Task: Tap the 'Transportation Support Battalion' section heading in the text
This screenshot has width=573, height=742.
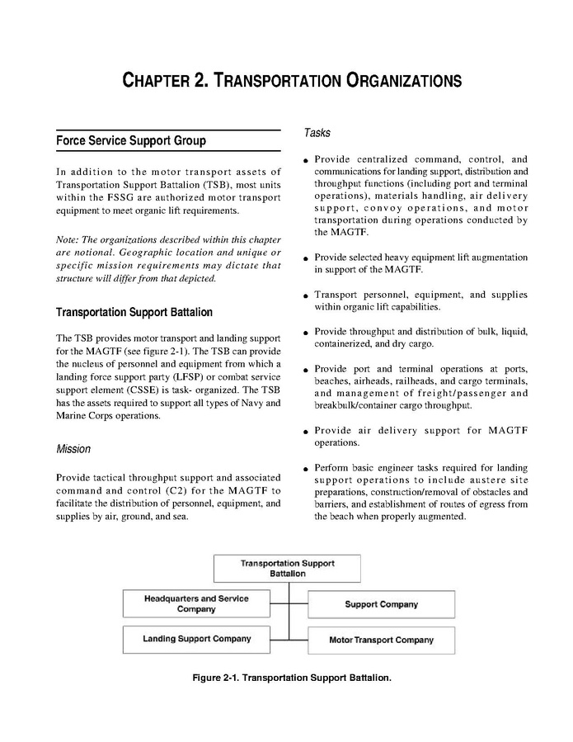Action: coord(134,312)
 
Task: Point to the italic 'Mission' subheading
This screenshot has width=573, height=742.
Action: coord(73,449)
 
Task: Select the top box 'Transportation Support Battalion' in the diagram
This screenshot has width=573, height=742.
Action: coord(287,568)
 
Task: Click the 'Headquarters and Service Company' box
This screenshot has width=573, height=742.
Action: coord(196,603)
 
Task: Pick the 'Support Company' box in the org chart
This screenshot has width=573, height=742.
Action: coord(381,604)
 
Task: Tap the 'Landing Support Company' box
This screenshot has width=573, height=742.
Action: coord(196,639)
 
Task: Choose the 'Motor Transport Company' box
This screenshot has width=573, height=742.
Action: coord(381,640)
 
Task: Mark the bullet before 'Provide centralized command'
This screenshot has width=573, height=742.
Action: coord(306,161)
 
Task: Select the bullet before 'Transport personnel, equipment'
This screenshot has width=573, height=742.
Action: coord(306,296)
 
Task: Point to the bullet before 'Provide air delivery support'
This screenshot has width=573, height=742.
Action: coord(306,432)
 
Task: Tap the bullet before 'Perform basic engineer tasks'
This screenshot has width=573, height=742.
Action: coord(306,470)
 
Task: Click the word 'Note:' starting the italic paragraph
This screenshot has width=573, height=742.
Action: coord(68,240)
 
